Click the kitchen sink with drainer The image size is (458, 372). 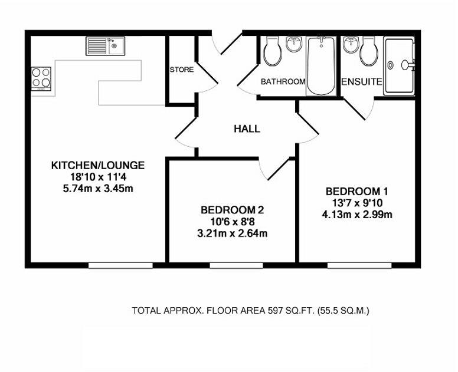coord(105,46)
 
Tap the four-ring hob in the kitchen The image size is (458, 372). coord(41,78)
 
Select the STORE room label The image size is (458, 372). coord(182,70)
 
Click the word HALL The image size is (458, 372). coord(247,129)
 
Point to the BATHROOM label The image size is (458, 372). coord(283,81)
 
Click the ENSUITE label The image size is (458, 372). coord(362,82)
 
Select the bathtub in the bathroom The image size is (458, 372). coord(321,65)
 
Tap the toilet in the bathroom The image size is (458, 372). coord(273,51)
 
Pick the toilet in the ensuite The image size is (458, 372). coord(369,51)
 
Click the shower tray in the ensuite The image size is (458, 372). coord(400,66)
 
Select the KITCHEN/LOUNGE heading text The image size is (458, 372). coord(98,166)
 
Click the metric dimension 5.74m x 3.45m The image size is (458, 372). coord(98,189)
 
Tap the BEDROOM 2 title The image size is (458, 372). coord(232,210)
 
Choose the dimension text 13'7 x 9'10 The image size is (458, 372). coord(357,203)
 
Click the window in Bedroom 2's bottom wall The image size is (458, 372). coord(236,265)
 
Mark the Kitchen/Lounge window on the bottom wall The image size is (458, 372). coord(120,265)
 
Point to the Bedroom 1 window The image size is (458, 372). coord(359,265)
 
